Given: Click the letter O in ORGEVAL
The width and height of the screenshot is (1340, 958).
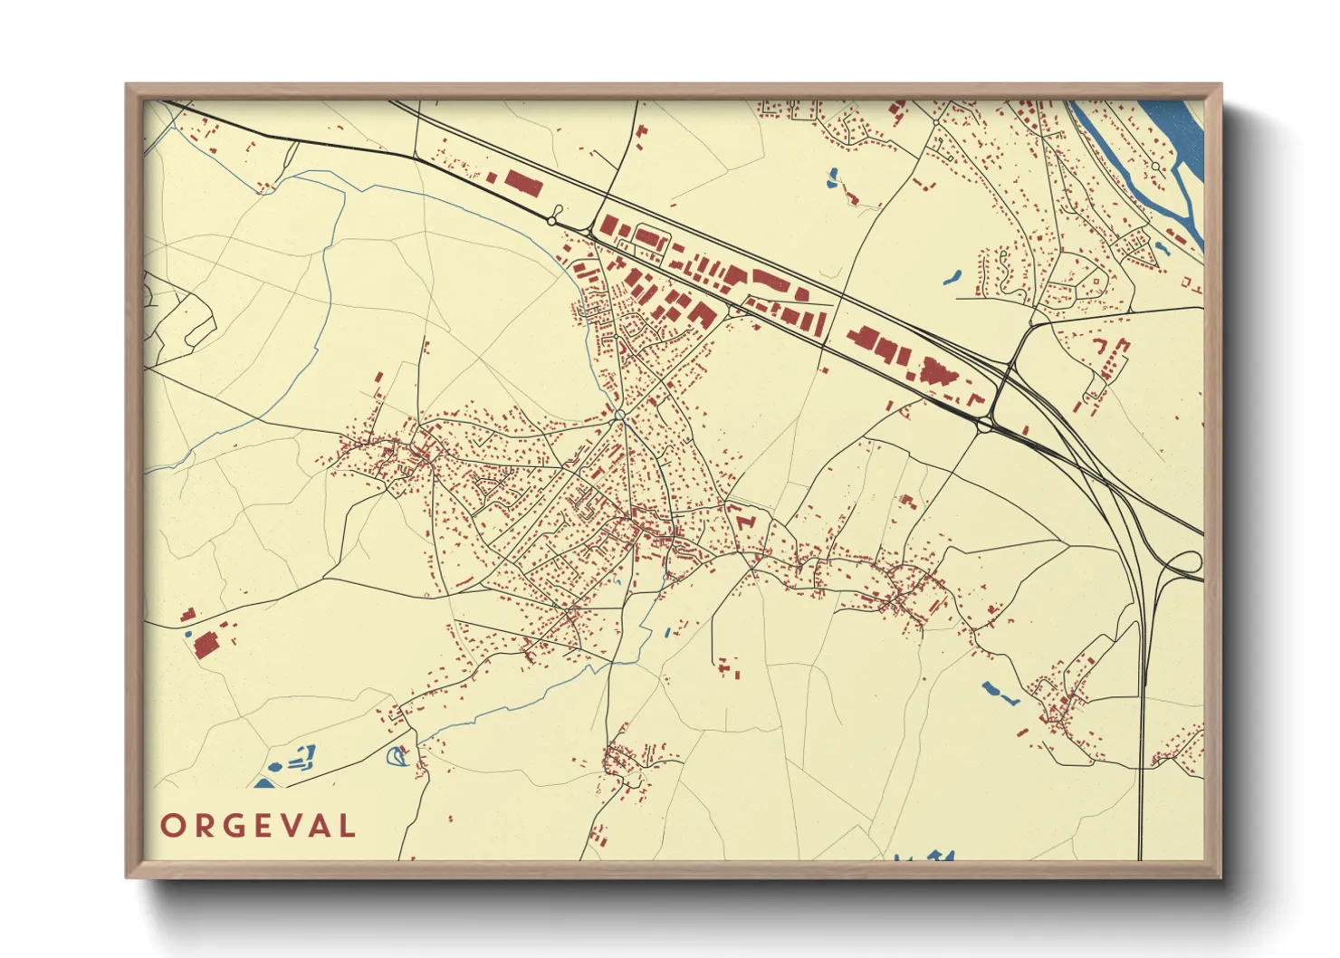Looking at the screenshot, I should [x=173, y=826].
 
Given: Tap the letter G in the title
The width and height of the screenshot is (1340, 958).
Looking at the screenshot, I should [x=232, y=826].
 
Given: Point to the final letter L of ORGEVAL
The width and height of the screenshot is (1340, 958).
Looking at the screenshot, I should [x=346, y=826].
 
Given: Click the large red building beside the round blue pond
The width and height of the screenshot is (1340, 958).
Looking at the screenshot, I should [x=206, y=644].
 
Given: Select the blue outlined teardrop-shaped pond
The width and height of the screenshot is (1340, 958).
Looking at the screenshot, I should [x=397, y=755].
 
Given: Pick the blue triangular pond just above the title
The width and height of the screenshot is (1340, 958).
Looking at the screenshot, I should [x=263, y=783].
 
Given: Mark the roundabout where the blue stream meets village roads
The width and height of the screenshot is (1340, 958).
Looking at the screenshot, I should [x=620, y=415].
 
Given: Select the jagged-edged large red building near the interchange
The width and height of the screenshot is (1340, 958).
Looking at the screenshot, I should [x=936, y=371].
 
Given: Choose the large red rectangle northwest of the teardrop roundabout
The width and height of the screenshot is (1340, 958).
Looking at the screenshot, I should [x=522, y=182].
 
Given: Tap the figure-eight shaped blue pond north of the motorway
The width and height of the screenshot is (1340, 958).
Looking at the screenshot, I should [x=833, y=178].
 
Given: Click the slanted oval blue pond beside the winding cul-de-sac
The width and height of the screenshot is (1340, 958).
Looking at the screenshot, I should [x=951, y=276].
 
